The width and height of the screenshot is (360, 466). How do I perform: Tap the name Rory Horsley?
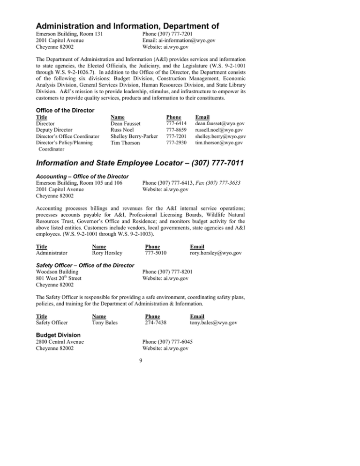pyautogui.click(x=107, y=253)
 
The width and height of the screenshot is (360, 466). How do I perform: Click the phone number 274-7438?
pyautogui.click(x=156, y=323)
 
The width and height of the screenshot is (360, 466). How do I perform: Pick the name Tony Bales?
pyautogui.click(x=105, y=323)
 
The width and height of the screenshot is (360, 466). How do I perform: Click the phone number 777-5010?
pyautogui.click(x=156, y=253)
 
